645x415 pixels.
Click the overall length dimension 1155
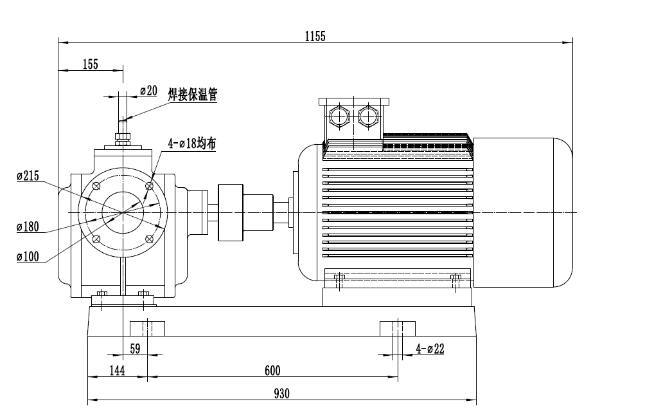click(315, 37)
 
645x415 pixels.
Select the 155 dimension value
click(90, 64)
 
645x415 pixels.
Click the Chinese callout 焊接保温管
click(193, 95)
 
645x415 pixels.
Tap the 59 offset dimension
click(135, 349)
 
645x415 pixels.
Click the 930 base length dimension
click(281, 393)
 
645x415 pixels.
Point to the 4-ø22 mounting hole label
click(430, 349)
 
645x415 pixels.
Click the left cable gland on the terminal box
click(338, 116)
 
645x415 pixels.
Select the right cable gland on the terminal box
click(368, 116)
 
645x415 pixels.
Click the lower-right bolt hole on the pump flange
click(150, 239)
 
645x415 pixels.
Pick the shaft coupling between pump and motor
click(231, 212)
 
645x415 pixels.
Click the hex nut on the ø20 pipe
click(122, 136)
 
